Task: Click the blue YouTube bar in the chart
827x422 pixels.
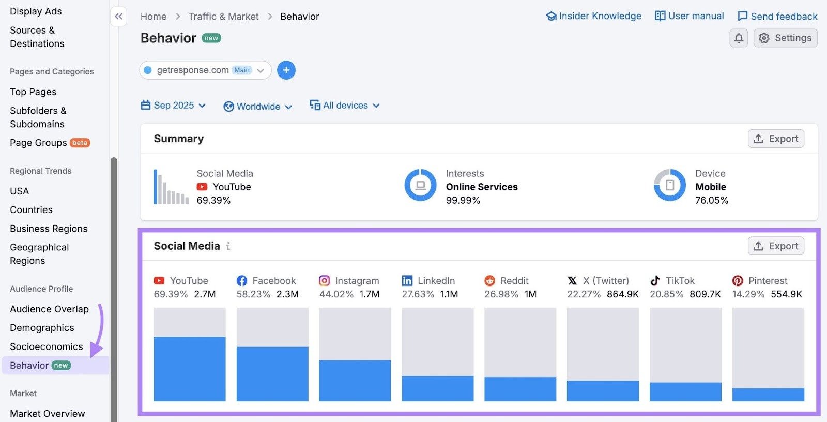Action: tap(190, 369)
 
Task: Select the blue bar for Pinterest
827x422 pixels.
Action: tap(768, 395)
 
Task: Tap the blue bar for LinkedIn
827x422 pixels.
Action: tap(437, 388)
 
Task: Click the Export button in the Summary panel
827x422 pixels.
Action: tap(776, 139)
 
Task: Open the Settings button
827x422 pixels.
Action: tap(785, 38)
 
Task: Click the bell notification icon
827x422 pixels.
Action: tap(739, 38)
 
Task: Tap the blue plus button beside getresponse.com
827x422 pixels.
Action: tap(286, 70)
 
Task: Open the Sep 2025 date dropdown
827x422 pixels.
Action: tap(174, 106)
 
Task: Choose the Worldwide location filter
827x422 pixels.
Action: tap(258, 107)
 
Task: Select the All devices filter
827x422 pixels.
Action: tap(345, 106)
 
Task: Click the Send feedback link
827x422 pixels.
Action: tap(777, 16)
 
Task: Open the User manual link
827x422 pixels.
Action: tap(689, 16)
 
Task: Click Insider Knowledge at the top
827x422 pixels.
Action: tap(593, 16)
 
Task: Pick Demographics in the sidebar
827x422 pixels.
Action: tap(42, 328)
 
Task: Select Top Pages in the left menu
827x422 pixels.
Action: tap(33, 92)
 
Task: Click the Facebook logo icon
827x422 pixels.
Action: tap(242, 281)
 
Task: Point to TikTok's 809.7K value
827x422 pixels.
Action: tap(705, 294)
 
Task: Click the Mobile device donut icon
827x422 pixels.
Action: tap(669, 185)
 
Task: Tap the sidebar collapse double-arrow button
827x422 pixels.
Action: tap(119, 17)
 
